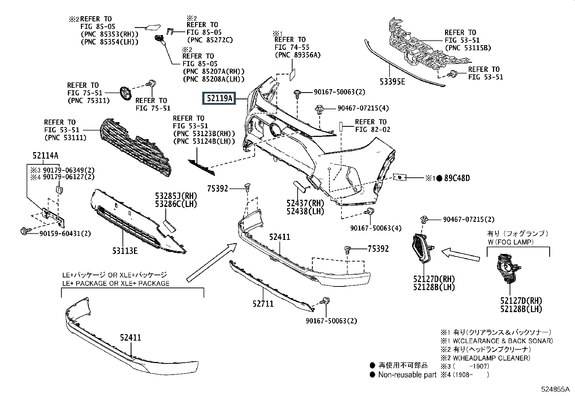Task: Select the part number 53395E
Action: pos(392,82)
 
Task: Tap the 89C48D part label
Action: pos(457,178)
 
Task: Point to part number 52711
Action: pos(263,304)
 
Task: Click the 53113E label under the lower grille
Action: pos(125,251)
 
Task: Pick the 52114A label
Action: pos(46,156)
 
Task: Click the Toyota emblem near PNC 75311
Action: pos(126,93)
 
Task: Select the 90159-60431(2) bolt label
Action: pos(65,234)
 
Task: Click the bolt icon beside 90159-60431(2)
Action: pos(25,231)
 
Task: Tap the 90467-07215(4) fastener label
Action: pos(363,108)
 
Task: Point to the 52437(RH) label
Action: pos(305,203)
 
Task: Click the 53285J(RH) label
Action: pos(176,196)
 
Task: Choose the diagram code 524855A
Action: pos(555,389)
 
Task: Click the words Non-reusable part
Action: pos(407,375)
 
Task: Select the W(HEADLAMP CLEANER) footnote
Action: pos(491,358)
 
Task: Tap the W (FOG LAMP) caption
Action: pos(511,242)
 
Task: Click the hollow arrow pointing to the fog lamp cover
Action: pos(461,254)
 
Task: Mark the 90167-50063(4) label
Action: pos(376,228)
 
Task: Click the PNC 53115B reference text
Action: pos(468,48)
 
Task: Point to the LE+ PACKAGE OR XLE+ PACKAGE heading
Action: pos(116,284)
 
